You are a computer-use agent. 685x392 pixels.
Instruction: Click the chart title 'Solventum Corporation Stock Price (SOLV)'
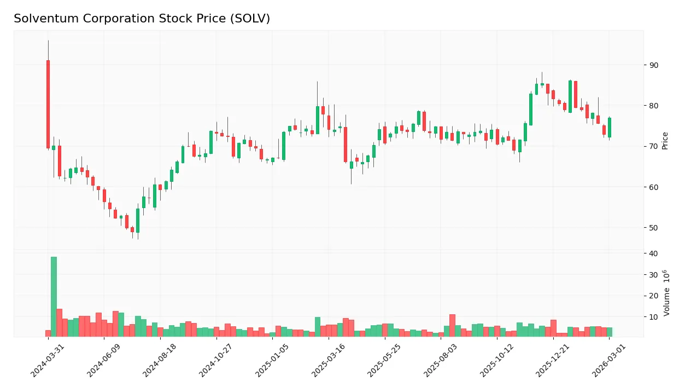(x=142, y=19)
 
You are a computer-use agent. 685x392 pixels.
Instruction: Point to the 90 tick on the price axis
(x=654, y=65)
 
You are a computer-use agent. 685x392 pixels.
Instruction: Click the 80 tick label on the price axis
(x=654, y=106)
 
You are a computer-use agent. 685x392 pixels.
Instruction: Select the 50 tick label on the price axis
(x=654, y=228)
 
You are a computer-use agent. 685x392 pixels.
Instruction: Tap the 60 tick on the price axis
(x=654, y=187)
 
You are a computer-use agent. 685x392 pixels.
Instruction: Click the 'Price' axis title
(x=665, y=141)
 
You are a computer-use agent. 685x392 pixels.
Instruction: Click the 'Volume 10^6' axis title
(x=666, y=293)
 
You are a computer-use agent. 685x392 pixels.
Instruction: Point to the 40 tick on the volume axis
(x=654, y=253)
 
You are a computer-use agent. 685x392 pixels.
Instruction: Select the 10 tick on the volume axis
(x=654, y=317)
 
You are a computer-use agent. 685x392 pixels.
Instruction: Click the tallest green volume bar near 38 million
(x=54, y=296)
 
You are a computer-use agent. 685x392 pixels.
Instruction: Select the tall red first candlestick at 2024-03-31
(x=48, y=104)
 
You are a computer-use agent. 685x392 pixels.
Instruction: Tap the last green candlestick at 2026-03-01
(x=610, y=128)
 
